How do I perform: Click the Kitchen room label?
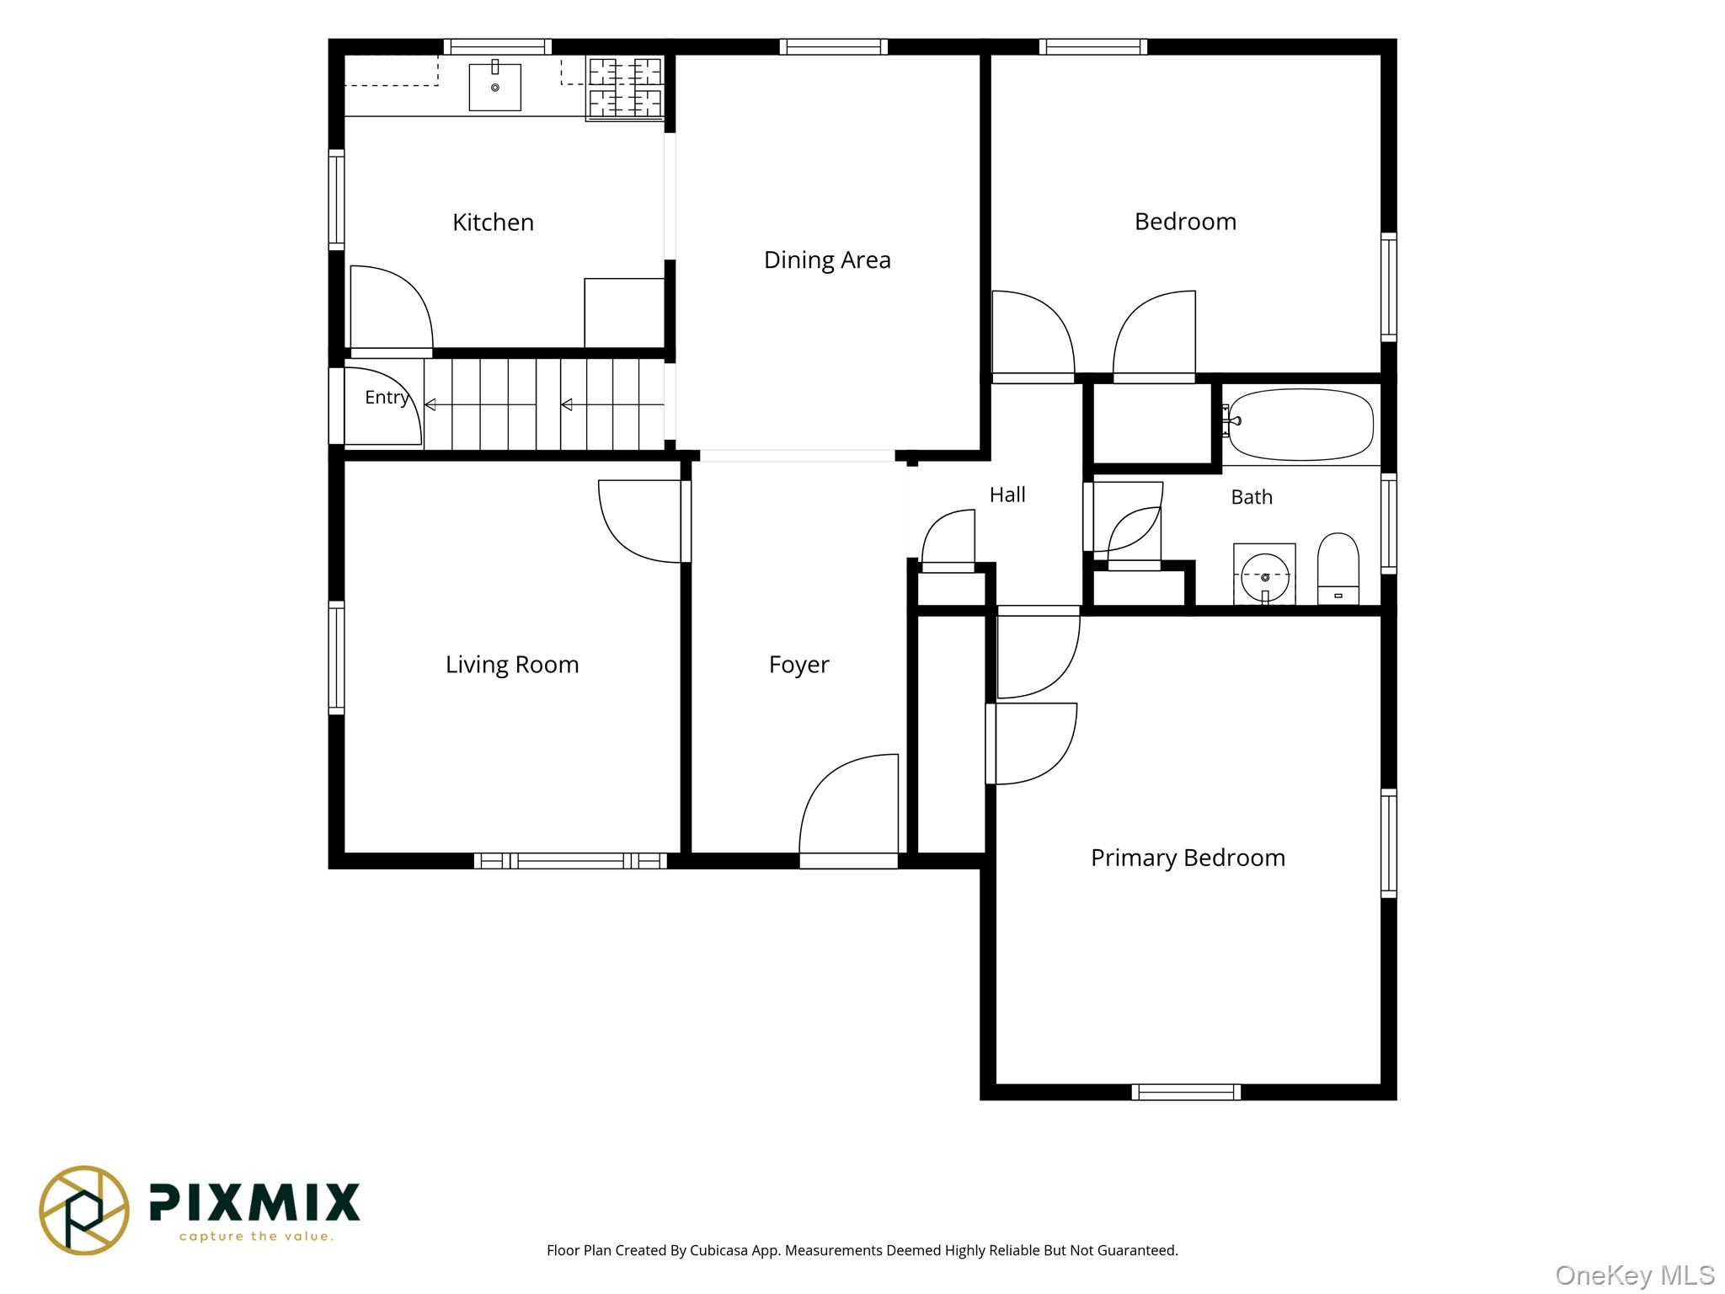pos(493,222)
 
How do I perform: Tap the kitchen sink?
pos(494,87)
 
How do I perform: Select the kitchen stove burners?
pos(625,88)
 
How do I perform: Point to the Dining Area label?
pos(827,260)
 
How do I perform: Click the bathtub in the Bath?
pos(1300,425)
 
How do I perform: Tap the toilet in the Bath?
pos(1338,569)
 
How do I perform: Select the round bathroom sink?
pos(1264,576)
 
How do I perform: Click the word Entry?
pos(387,398)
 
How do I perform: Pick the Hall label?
pos(1007,495)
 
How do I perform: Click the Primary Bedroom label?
pos(1188,858)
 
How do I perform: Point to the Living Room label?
pos(512,666)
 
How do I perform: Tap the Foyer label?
pos(798,666)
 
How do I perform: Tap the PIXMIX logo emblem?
pos(84,1211)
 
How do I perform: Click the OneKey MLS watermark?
pos(1635,1275)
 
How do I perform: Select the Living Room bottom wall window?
pos(570,861)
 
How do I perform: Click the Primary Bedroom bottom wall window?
pos(1186,1093)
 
